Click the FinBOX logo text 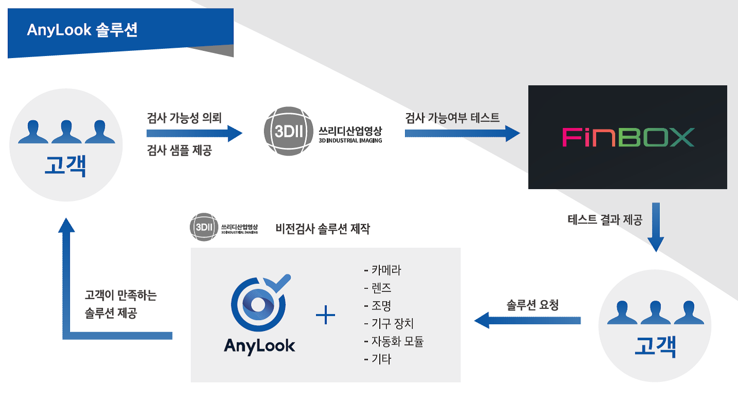pyautogui.click(x=629, y=137)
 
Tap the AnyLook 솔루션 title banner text pyautogui.click(x=82, y=30)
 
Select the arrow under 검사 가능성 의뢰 pyautogui.click(x=194, y=133)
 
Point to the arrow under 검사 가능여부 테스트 pyautogui.click(x=463, y=133)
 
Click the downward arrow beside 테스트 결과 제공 pyautogui.click(x=656, y=227)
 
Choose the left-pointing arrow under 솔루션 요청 pyautogui.click(x=527, y=320)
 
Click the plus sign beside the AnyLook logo pyautogui.click(x=325, y=315)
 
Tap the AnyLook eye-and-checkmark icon pyautogui.click(x=260, y=303)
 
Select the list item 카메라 pyautogui.click(x=383, y=270)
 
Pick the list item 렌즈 pyautogui.click(x=378, y=288)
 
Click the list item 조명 pyautogui.click(x=378, y=306)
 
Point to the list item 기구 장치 pyautogui.click(x=389, y=324)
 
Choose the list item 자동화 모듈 pyautogui.click(x=394, y=341)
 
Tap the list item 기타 pyautogui.click(x=378, y=359)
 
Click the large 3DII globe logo pyautogui.click(x=289, y=131)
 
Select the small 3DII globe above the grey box pyautogui.click(x=204, y=227)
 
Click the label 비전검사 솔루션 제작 pyautogui.click(x=323, y=229)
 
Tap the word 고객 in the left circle pyautogui.click(x=66, y=166)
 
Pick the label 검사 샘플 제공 pyautogui.click(x=179, y=150)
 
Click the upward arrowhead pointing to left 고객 pyautogui.click(x=66, y=225)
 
